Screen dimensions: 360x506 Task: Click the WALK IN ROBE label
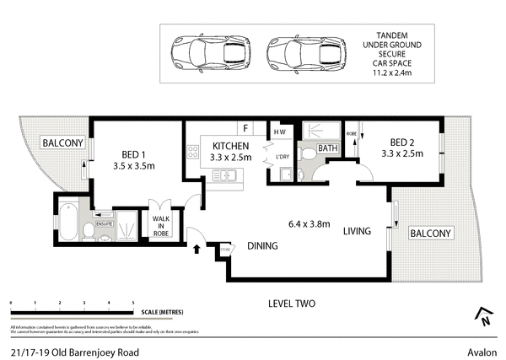coord(159,227)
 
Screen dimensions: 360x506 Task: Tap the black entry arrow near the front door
coord(198,249)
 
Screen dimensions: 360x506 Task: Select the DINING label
coord(263,246)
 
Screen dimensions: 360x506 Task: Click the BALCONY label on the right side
coord(431,233)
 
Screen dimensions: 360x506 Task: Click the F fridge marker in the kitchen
coord(245,129)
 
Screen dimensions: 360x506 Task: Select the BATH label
coord(328,148)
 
